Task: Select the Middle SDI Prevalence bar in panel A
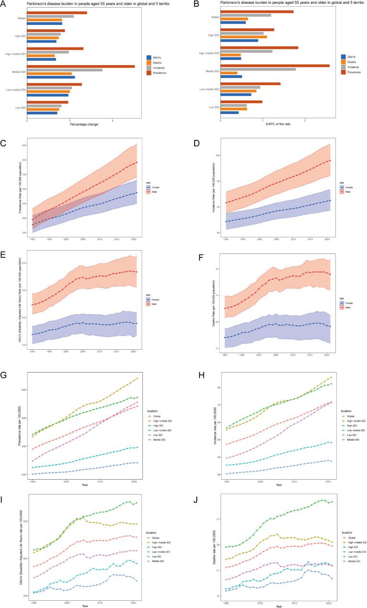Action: click(x=81, y=67)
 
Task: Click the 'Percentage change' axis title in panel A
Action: click(x=84, y=125)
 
